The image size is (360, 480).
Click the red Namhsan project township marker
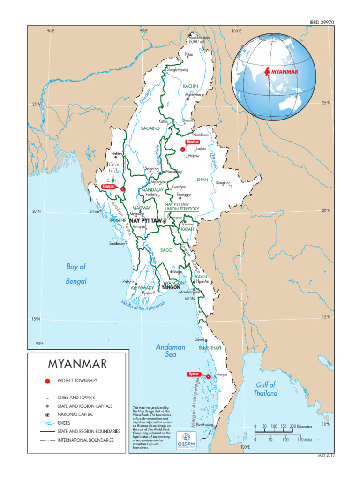coord(182,150)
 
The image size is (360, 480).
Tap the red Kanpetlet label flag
coord(109,186)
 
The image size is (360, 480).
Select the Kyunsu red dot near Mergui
coord(208,376)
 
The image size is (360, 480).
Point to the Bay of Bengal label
coord(76,274)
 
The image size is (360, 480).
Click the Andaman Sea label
coord(170,351)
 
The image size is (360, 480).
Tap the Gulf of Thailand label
coord(266,389)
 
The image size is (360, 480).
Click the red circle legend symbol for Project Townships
coord(47,381)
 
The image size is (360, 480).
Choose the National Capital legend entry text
coord(75,414)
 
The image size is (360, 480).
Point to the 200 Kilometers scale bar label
coord(300,426)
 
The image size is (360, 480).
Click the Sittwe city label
coord(94,211)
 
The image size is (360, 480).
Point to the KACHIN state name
coord(190,86)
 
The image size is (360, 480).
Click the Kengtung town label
coord(223,183)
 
